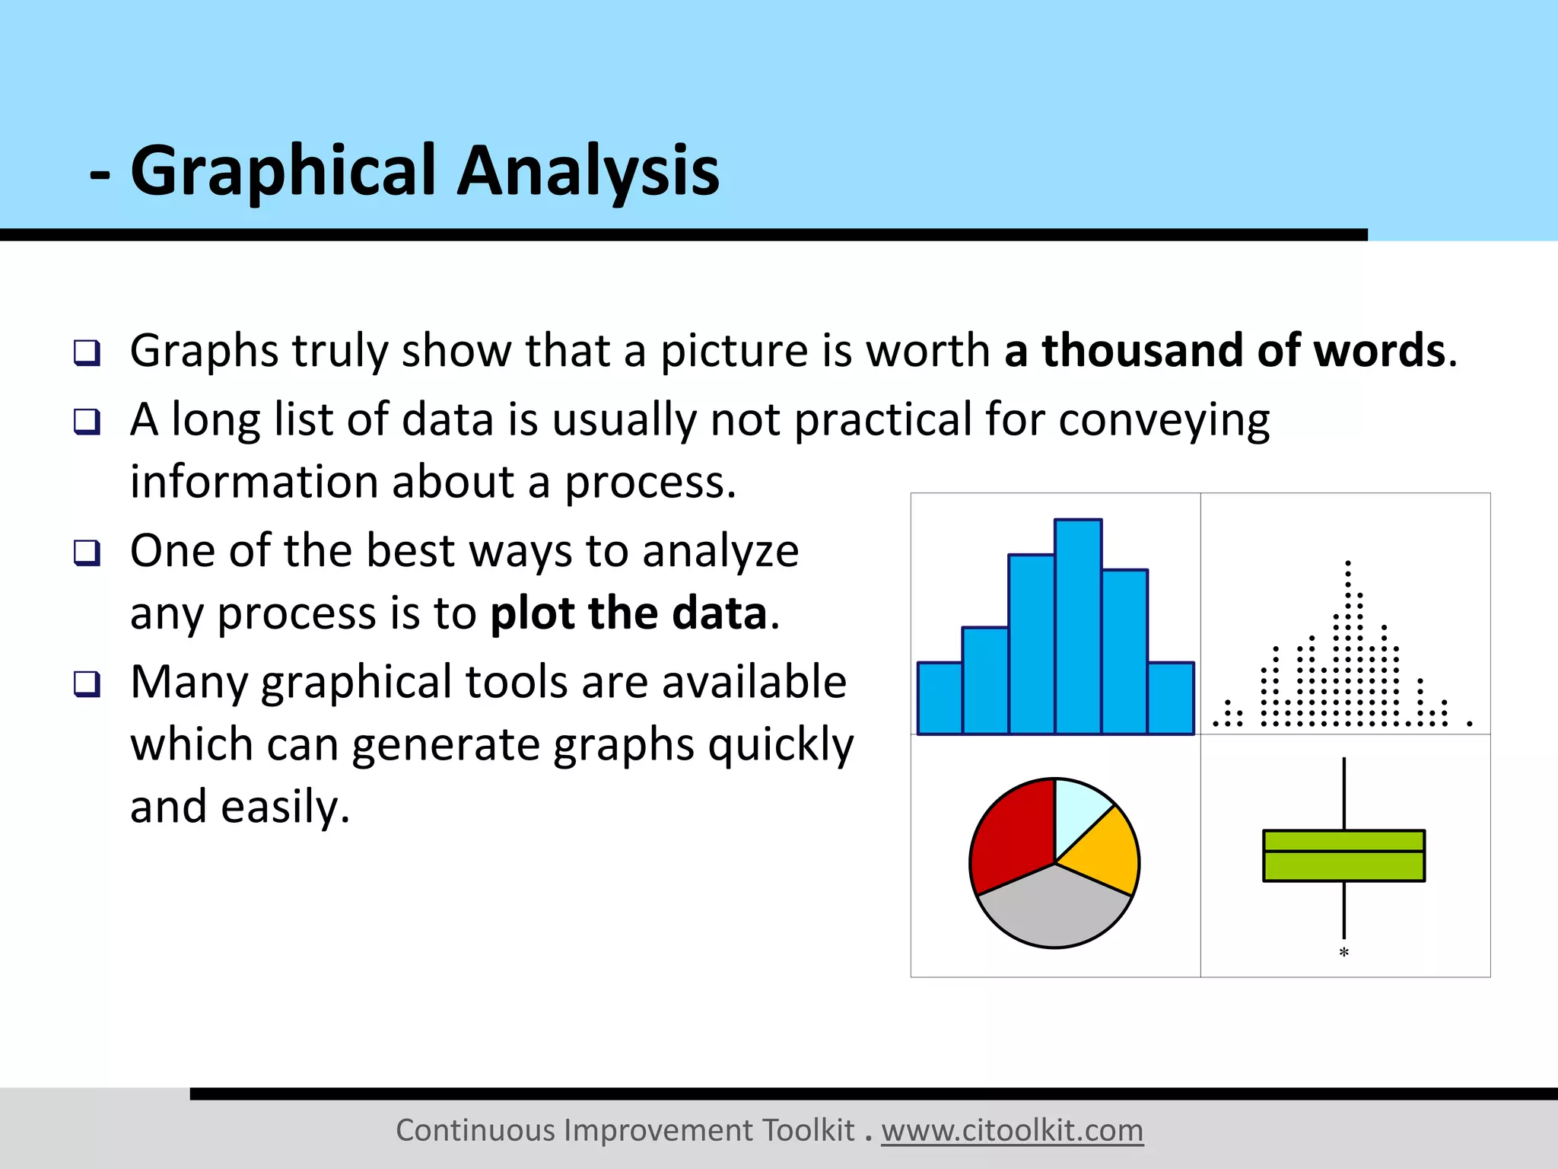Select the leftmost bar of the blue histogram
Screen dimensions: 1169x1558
(x=940, y=698)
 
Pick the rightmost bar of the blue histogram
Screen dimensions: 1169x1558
(x=1171, y=698)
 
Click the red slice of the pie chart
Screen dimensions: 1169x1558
(x=1008, y=837)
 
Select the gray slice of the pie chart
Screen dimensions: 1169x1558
(x=1054, y=909)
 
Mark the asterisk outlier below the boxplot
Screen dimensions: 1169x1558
(x=1343, y=952)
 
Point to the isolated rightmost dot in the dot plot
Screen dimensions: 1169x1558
(x=1470, y=724)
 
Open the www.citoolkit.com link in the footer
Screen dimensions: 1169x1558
(x=1012, y=1131)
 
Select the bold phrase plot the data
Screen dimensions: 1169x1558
(x=628, y=613)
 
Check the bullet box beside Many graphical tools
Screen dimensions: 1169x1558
(x=87, y=683)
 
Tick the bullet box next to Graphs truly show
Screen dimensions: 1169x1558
(x=87, y=352)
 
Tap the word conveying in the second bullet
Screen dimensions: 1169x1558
(x=1164, y=420)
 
